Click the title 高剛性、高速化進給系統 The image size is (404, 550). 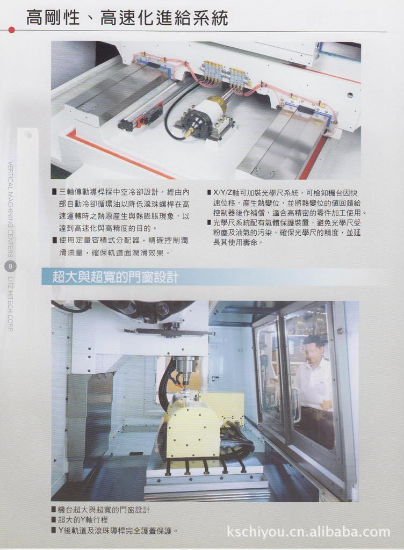click(127, 18)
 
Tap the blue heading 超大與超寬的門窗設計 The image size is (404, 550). click(116, 277)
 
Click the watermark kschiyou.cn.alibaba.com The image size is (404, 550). click(308, 532)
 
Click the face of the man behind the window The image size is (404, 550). click(313, 350)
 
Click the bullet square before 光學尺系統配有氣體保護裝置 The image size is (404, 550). click(209, 222)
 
